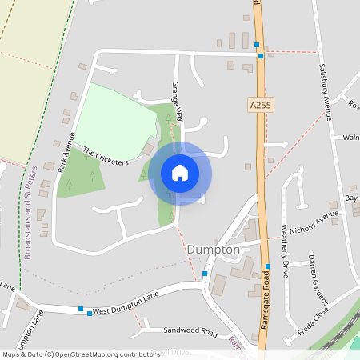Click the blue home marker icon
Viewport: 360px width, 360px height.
pyautogui.click(x=180, y=173)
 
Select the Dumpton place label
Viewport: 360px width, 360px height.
pyautogui.click(x=213, y=250)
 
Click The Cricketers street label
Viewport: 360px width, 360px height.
pyautogui.click(x=106, y=156)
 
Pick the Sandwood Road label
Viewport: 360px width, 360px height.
pyautogui.click(x=190, y=330)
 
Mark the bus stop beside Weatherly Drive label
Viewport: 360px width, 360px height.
pyautogui.click(x=267, y=266)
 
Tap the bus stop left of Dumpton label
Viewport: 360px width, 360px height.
pyautogui.click(x=206, y=274)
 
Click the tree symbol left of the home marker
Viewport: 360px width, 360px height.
pyautogui.click(x=143, y=173)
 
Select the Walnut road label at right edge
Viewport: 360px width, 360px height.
pyautogui.click(x=350, y=137)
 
